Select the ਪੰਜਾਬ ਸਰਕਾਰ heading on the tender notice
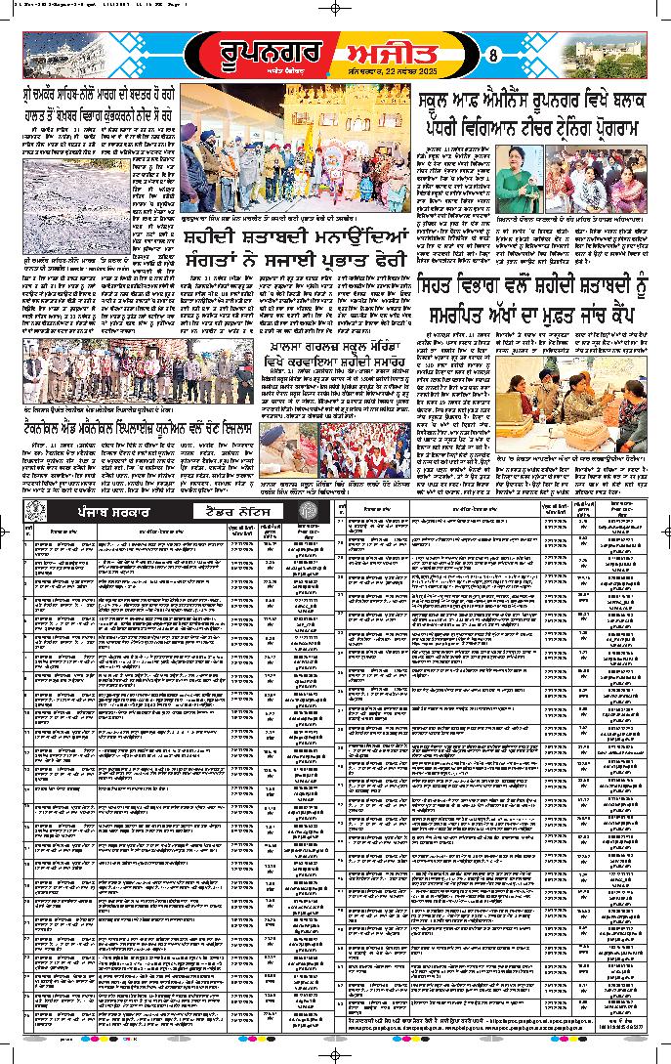click(100, 511)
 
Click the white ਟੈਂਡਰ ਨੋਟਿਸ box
click(238, 511)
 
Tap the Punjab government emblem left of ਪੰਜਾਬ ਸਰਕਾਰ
click(34, 511)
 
